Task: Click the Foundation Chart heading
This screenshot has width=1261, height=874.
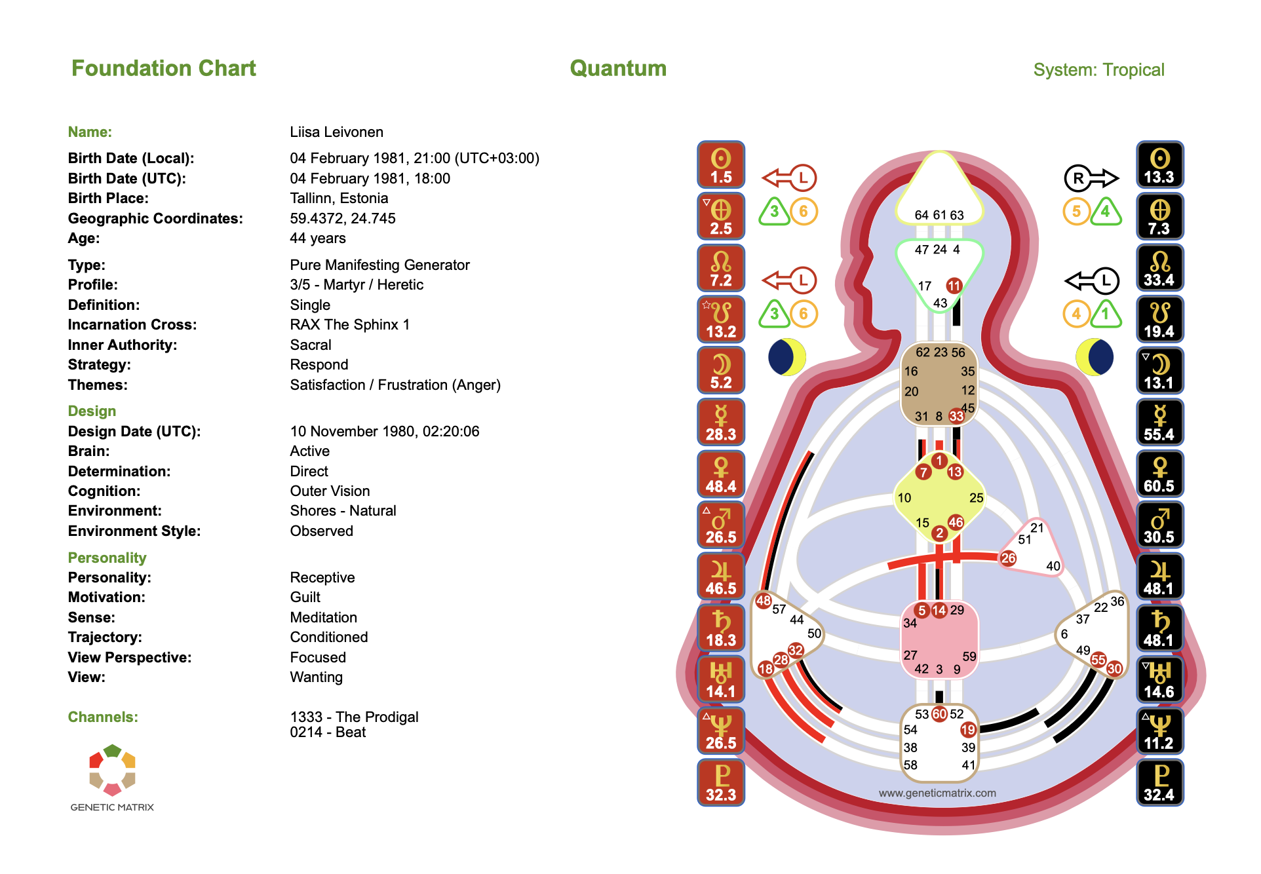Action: tap(163, 68)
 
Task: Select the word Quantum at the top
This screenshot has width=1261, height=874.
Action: tap(617, 68)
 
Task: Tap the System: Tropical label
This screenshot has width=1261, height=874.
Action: tap(1098, 69)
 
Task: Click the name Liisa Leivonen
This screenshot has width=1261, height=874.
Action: tap(336, 132)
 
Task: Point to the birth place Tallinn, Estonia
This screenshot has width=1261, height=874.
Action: tap(338, 198)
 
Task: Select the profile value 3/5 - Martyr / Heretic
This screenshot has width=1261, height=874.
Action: tap(356, 284)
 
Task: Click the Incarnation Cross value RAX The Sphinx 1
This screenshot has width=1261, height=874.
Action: tap(349, 324)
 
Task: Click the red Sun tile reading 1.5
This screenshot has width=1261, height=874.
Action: tap(720, 164)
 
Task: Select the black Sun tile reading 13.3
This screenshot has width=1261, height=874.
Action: tap(1159, 164)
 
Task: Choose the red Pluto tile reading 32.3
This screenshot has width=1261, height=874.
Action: tap(720, 782)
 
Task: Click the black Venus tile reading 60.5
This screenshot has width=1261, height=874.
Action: tap(1159, 474)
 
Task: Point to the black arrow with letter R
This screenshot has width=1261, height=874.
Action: tap(1091, 178)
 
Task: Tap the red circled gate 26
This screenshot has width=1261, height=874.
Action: tap(1008, 558)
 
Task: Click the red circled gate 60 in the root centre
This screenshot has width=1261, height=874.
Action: tap(939, 713)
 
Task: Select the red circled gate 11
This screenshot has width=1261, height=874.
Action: tap(954, 286)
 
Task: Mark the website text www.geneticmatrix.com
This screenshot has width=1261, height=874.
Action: tap(937, 793)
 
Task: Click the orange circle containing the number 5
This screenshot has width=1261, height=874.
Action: tap(1076, 212)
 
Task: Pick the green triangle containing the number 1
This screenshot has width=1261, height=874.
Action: tap(1106, 314)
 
